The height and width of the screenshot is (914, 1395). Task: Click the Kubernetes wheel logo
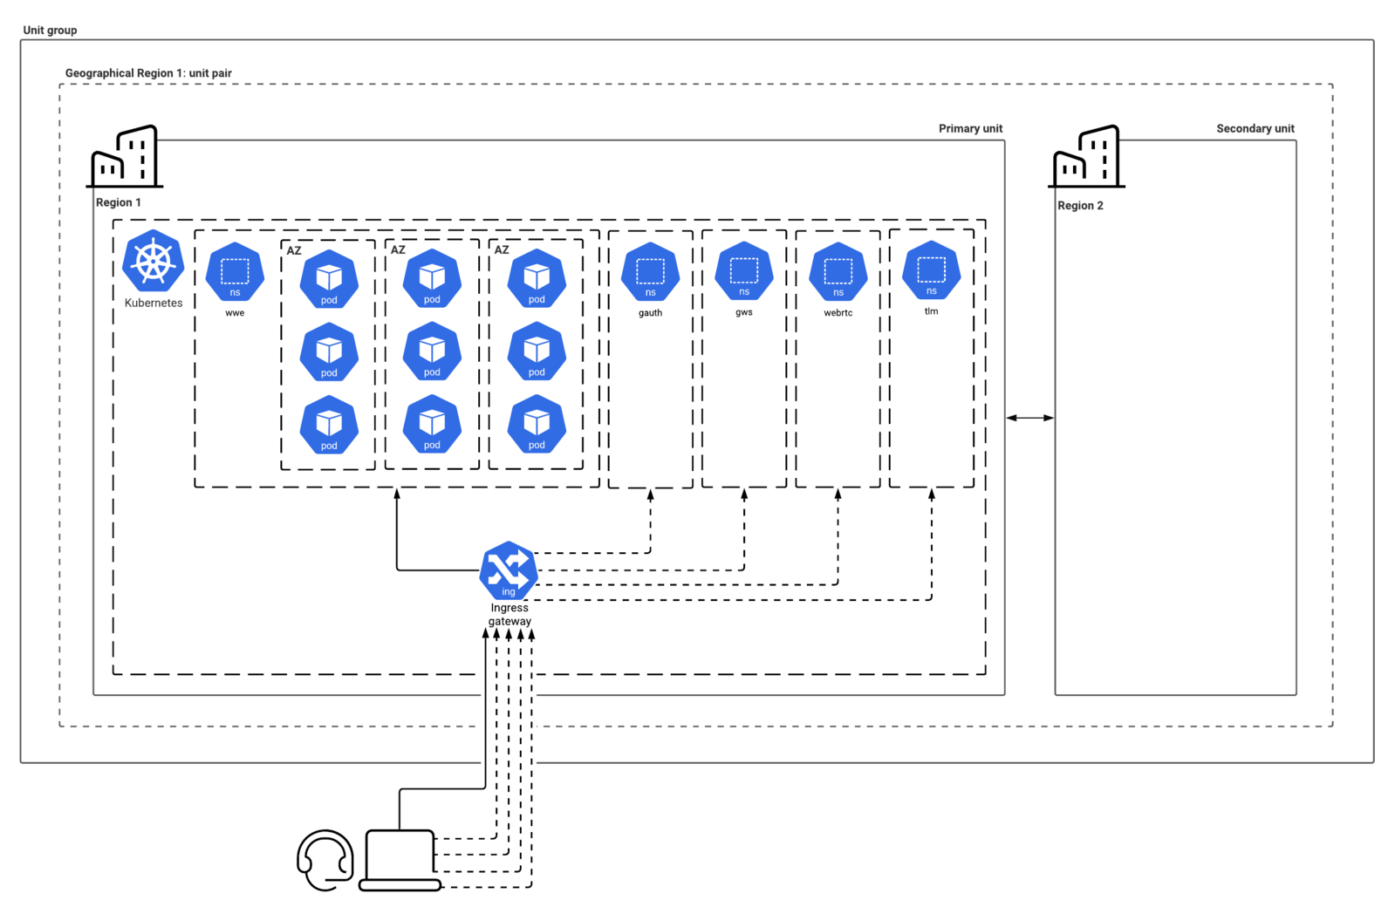[x=154, y=260]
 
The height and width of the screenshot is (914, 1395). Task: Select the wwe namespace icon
[x=235, y=272]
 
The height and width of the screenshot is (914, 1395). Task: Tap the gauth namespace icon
[x=650, y=272]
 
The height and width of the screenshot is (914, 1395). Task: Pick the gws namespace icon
[x=744, y=271]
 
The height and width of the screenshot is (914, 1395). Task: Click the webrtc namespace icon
[x=838, y=272]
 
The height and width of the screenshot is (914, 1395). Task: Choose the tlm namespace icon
[x=932, y=271]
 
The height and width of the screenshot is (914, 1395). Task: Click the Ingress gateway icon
[x=509, y=570]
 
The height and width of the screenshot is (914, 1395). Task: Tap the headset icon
[x=325, y=860]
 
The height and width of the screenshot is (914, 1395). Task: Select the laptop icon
[x=400, y=860]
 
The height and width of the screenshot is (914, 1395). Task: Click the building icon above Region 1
[x=125, y=156]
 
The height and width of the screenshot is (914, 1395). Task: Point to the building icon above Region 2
[x=1087, y=156]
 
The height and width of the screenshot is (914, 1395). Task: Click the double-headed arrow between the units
[x=1030, y=418]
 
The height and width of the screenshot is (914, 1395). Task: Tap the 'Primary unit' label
[x=970, y=128]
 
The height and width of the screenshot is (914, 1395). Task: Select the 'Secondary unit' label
[x=1255, y=128]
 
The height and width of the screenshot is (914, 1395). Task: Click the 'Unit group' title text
[x=50, y=30]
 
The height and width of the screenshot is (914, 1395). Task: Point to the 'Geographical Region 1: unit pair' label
[x=148, y=73]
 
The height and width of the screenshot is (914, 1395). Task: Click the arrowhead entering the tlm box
[x=932, y=495]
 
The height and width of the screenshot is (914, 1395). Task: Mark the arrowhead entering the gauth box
[x=650, y=495]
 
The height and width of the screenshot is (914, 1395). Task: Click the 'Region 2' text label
[x=1081, y=206]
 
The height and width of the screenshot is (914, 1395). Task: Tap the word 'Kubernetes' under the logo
[x=154, y=303]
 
